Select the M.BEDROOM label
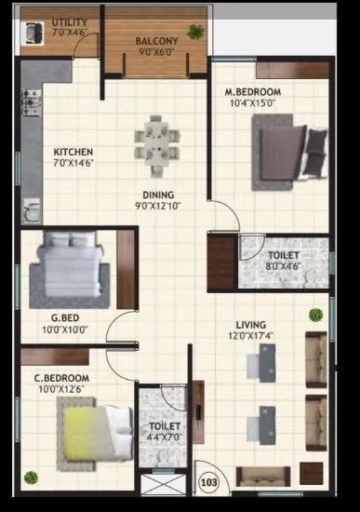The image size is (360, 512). click(x=252, y=92)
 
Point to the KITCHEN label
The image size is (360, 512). click(x=71, y=152)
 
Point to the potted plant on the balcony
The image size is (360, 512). click(x=195, y=31)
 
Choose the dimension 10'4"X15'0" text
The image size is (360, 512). click(x=252, y=103)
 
